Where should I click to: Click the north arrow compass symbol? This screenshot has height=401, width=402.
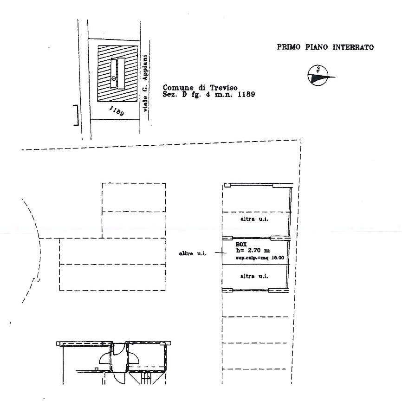click(x=319, y=75)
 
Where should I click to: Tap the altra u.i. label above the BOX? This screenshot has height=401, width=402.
click(x=254, y=218)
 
